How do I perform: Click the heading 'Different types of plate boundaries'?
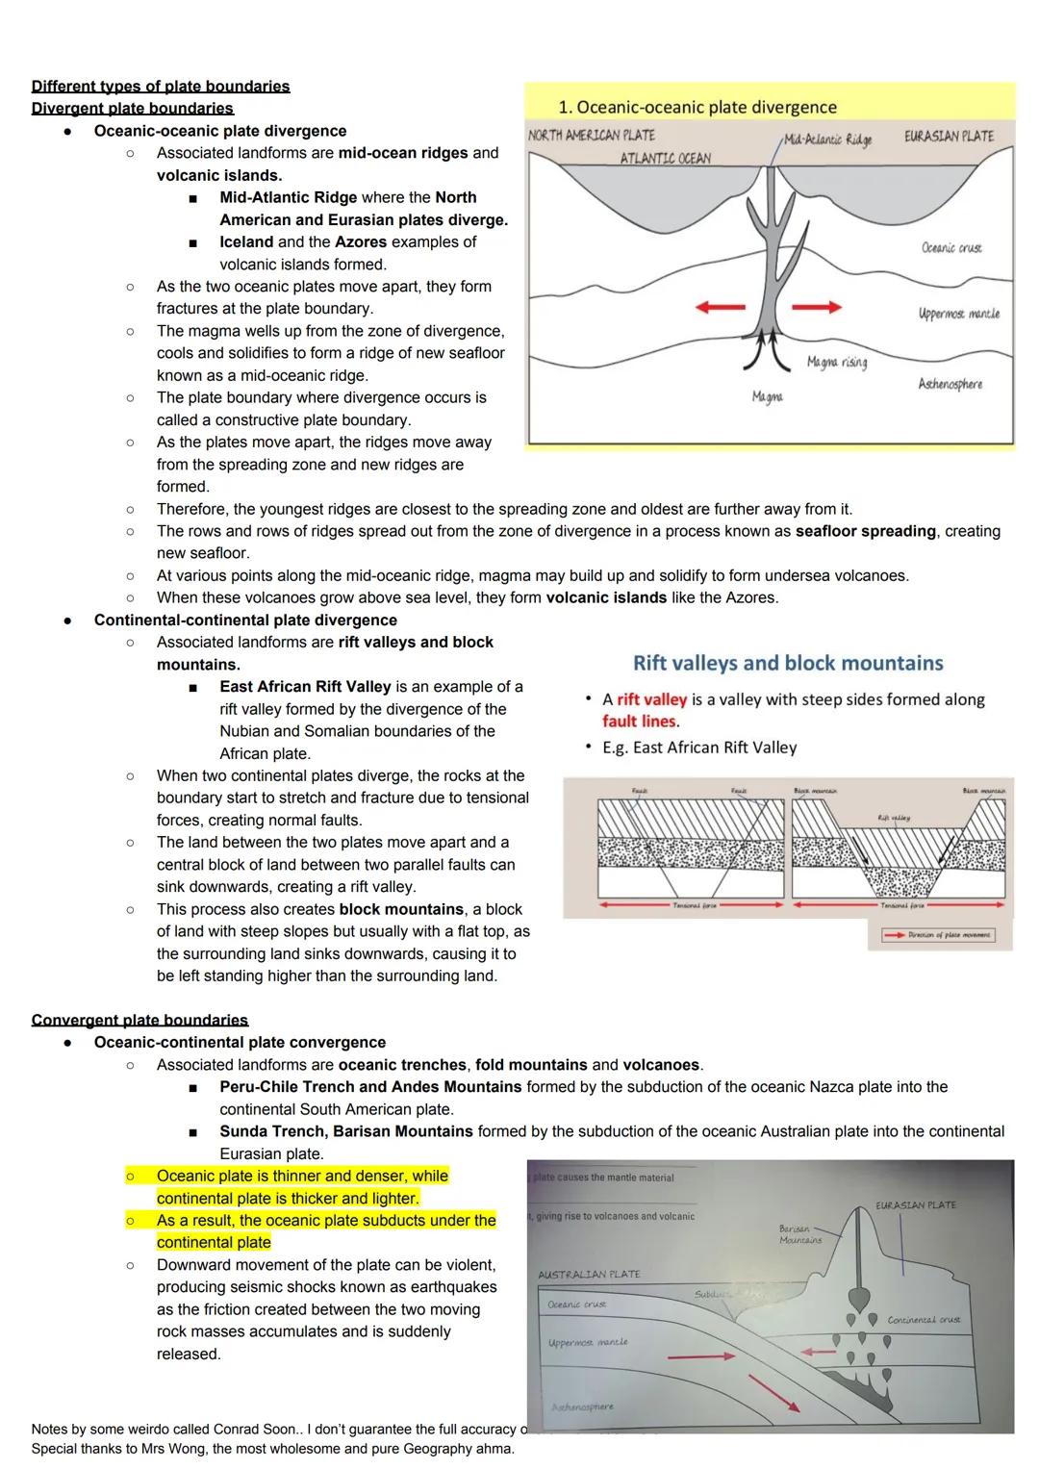pos(161,87)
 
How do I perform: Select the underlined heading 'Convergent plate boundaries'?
pos(139,1020)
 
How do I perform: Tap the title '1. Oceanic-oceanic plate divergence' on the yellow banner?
pos(697,108)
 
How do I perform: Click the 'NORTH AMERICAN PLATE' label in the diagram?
pos(592,136)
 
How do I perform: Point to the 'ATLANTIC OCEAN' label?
pos(666,158)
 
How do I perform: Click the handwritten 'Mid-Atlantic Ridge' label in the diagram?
pos(827,140)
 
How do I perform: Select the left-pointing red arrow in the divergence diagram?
pos(721,307)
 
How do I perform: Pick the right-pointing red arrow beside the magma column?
pos(817,307)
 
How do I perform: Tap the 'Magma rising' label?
pos(837,362)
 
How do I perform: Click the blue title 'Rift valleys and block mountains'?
pos(788,663)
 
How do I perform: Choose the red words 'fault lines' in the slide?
pos(640,722)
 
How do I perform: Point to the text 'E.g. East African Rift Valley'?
pos(699,747)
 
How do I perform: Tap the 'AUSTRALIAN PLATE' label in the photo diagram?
pos(589,1274)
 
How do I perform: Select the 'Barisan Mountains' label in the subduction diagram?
pos(801,1234)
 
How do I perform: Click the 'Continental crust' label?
pos(924,1319)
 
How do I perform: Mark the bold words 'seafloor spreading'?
pos(865,531)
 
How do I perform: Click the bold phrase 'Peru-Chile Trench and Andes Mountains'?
pos(370,1087)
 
